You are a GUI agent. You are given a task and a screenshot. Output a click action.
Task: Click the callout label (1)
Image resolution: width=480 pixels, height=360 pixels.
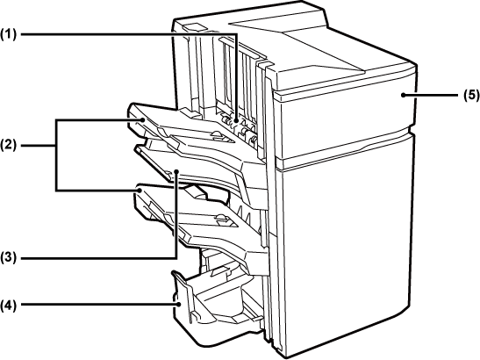[8, 34]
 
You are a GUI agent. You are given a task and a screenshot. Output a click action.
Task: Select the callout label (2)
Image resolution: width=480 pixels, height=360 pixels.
[8, 145]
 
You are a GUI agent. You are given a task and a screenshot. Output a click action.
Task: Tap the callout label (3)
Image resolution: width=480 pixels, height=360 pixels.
[8, 258]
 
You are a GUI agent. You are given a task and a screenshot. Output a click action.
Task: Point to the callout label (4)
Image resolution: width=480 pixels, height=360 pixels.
[8, 305]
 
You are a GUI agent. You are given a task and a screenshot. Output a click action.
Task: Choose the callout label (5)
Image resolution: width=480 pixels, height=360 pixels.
[472, 96]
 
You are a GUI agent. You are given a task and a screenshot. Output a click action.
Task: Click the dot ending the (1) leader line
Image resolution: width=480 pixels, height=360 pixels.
[236, 122]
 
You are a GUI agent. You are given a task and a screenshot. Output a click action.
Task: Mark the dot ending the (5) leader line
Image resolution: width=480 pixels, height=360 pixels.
[404, 96]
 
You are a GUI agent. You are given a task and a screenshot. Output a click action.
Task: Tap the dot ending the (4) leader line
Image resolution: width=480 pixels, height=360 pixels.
[178, 305]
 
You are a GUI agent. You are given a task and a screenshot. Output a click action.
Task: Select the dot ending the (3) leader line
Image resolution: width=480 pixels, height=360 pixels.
[176, 172]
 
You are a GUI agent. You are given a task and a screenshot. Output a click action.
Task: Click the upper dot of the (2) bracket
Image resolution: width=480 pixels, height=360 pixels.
[143, 120]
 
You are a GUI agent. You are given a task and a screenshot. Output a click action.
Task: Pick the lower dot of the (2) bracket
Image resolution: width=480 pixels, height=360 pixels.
[140, 191]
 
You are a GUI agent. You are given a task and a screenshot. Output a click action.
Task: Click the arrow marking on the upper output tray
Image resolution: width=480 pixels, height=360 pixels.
[219, 135]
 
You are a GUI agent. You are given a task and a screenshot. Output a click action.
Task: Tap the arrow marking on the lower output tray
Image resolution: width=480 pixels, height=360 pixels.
[223, 219]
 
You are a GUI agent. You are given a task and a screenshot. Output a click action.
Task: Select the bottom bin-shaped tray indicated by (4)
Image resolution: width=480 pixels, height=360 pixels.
[211, 306]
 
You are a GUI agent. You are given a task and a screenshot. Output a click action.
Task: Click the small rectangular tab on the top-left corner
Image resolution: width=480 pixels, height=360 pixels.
[193, 27]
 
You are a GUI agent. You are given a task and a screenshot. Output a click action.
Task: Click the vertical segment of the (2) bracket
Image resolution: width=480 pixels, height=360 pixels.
[56, 155]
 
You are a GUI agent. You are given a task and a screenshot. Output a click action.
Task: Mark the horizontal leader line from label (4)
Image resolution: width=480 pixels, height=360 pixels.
[99, 305]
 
